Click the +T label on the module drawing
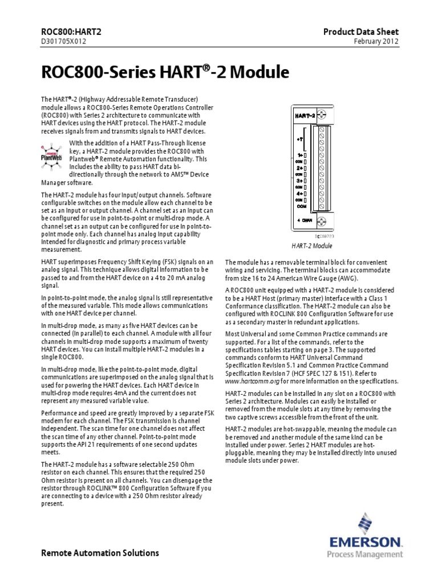tap(300, 139)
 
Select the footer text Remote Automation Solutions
tap(101, 553)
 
